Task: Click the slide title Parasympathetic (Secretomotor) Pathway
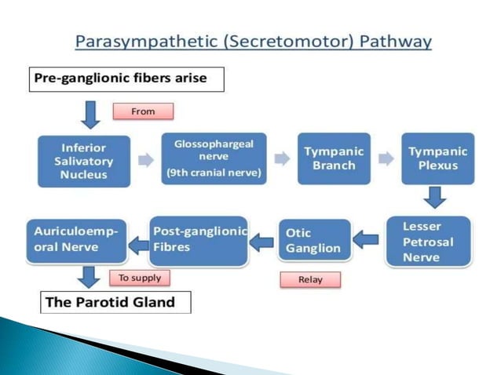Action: point(254,41)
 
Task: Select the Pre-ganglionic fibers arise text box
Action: point(128,79)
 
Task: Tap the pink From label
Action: point(143,111)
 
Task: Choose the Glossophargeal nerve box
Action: point(214,158)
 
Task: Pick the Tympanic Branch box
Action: point(333,158)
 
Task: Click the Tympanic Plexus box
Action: point(437,158)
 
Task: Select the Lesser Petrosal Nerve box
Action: point(429,242)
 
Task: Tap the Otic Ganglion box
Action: point(314,241)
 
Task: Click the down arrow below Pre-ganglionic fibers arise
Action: point(91,114)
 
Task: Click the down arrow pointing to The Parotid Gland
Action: point(90,278)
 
